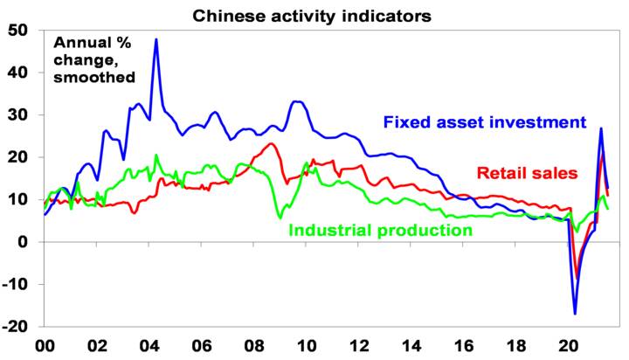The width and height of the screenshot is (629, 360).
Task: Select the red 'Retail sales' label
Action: click(527, 172)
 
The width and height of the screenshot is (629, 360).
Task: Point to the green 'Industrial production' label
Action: click(380, 231)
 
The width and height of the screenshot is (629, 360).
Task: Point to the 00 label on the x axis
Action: click(45, 345)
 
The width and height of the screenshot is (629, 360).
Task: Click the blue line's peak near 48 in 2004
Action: click(156, 39)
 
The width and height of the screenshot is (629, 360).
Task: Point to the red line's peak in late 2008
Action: click(271, 143)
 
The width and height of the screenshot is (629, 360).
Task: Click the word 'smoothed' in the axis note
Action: click(95, 77)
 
